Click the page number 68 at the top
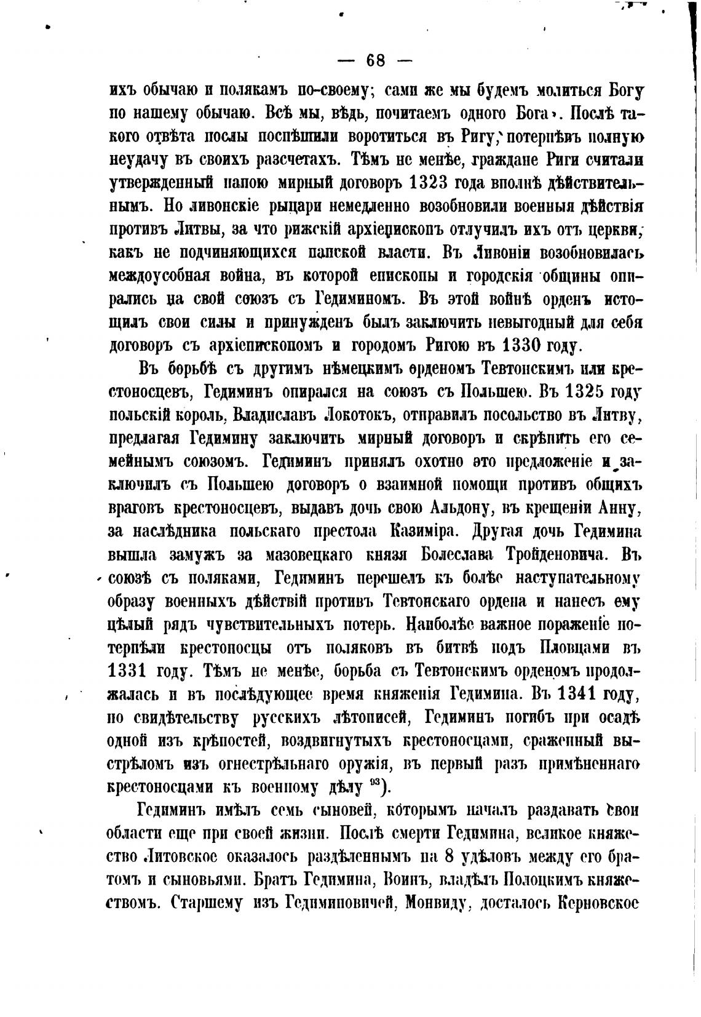(x=375, y=60)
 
